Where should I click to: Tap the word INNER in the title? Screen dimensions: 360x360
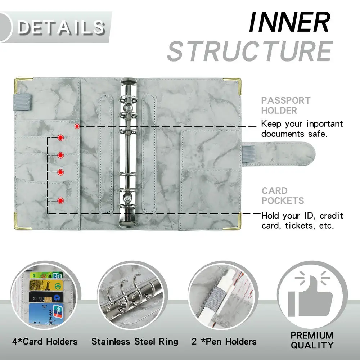289,22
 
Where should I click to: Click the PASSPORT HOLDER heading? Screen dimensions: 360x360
286,105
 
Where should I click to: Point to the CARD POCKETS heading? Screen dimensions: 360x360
283,195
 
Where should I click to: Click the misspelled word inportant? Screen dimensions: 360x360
325,124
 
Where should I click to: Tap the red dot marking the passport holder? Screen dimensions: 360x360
77,126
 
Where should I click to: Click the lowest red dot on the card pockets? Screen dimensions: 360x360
60,200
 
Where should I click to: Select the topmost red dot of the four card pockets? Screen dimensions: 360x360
60,138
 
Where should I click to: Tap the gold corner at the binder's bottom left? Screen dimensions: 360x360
19,218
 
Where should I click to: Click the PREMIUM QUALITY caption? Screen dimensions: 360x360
312,340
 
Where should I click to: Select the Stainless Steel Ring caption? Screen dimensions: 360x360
135,341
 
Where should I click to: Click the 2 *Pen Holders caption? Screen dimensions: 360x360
224,341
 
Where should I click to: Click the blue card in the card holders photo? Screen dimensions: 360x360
42,314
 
